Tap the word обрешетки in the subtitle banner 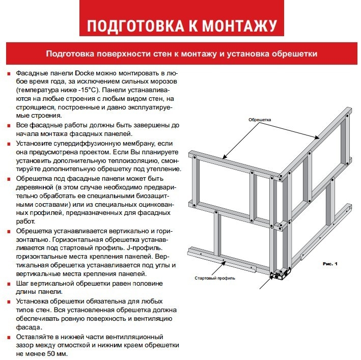point(293,53)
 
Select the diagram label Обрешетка point(260,120)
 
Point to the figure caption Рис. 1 point(330,263)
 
